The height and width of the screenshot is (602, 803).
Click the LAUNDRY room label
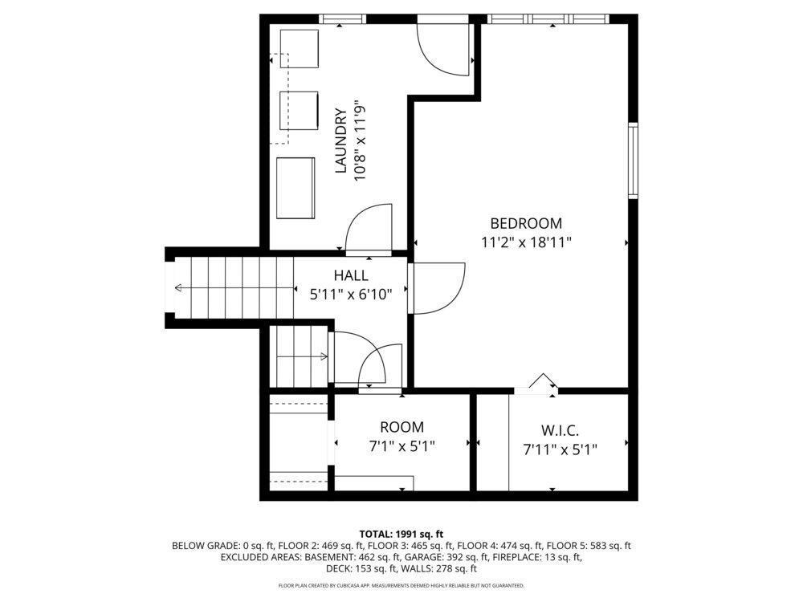click(x=341, y=140)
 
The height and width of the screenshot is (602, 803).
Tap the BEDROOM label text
click(x=526, y=223)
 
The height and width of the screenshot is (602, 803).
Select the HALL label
click(x=351, y=275)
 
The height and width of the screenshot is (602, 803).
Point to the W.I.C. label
click(x=560, y=430)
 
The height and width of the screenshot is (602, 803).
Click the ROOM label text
click(x=402, y=427)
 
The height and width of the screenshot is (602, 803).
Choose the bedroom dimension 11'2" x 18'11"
click(x=526, y=242)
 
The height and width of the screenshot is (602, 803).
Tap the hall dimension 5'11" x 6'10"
click(x=351, y=295)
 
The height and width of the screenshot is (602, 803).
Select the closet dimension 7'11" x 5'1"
click(x=560, y=449)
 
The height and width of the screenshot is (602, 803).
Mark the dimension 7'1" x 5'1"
click(x=402, y=446)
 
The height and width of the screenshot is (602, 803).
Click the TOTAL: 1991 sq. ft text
click(x=401, y=535)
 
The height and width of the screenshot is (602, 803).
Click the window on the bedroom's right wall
click(x=633, y=161)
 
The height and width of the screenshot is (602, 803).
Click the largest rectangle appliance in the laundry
click(x=296, y=189)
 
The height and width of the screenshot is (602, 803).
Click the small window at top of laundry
click(x=343, y=19)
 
